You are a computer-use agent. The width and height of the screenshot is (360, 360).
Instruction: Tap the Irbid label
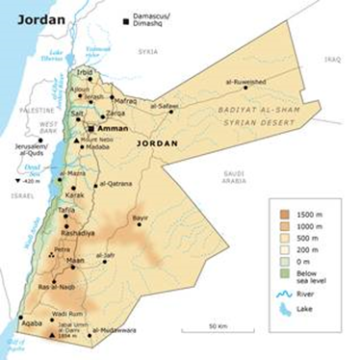click(86, 72)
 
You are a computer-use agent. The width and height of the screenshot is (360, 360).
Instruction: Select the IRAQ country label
click(332, 59)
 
